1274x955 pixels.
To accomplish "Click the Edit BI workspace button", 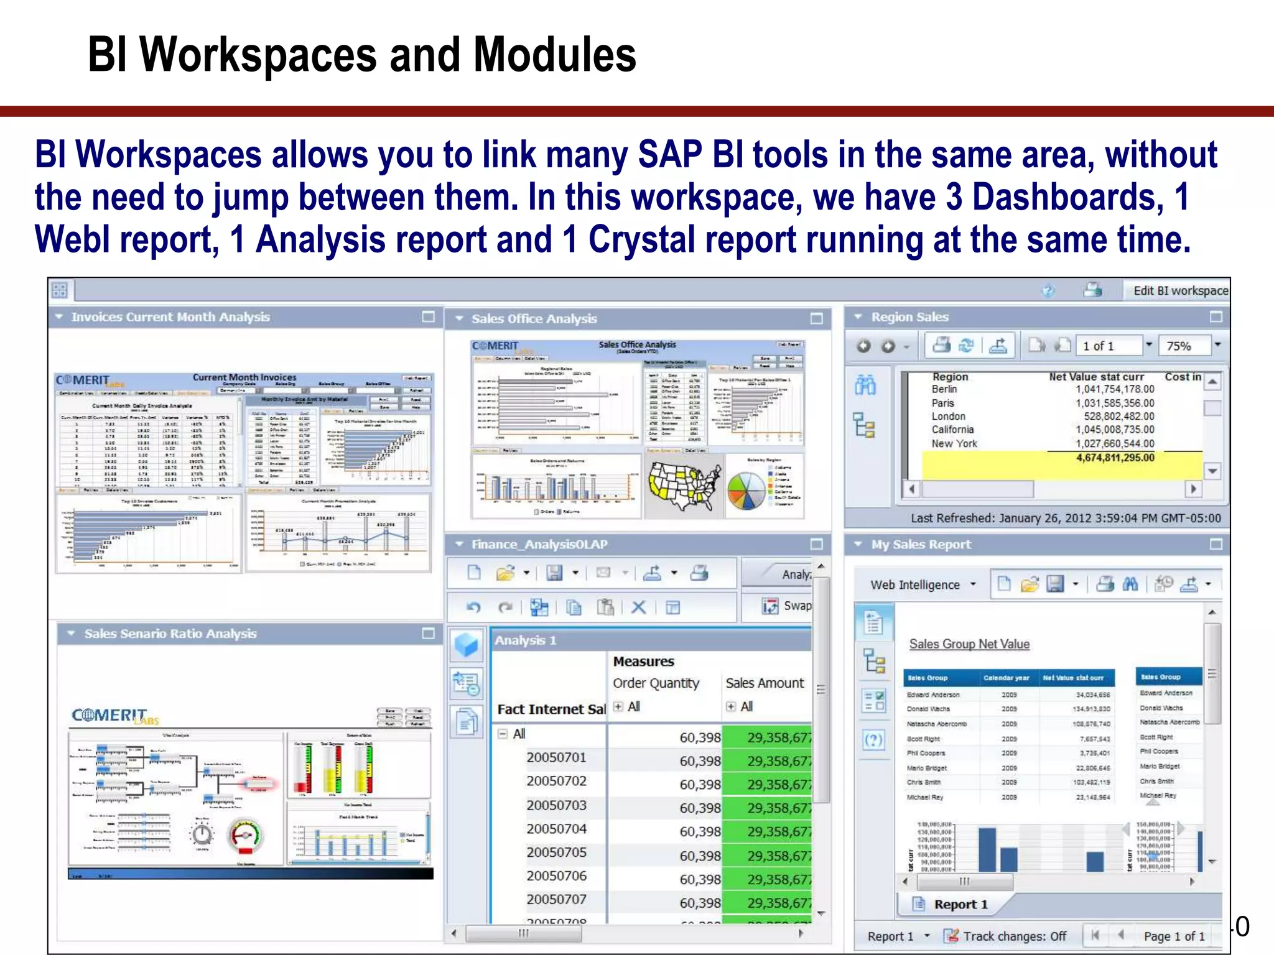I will click(1179, 290).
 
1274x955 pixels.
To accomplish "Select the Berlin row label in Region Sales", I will click(944, 389).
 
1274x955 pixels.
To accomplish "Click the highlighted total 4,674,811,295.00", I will click(1115, 458).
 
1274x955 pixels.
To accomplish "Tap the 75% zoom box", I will click(1184, 346).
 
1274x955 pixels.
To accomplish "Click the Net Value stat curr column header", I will click(1096, 376).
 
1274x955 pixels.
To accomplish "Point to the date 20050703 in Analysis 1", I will click(556, 805).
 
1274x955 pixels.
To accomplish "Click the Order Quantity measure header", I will click(656, 683).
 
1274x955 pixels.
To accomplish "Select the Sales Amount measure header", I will click(765, 683).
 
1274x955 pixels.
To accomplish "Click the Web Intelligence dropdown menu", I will click(923, 584).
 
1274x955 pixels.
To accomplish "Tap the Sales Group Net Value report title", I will click(969, 644).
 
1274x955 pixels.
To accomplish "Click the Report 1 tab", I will click(960, 904).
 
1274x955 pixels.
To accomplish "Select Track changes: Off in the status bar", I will click(1014, 936).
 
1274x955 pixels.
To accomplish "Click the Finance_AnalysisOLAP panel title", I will click(539, 544).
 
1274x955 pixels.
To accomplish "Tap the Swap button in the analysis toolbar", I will click(787, 606).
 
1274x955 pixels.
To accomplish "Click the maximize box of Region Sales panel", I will click(1216, 317).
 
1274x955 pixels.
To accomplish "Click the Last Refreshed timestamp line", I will click(1065, 518).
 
